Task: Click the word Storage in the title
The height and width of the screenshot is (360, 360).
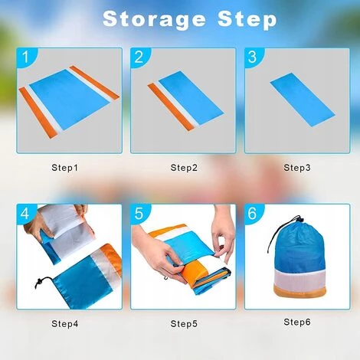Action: click(154, 20)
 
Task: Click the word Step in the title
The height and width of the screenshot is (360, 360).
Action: click(247, 20)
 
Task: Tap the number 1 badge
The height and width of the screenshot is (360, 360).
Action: click(25, 57)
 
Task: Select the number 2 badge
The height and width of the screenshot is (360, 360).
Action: click(139, 57)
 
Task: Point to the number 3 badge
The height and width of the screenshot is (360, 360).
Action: click(253, 57)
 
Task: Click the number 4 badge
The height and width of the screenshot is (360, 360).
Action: click(25, 213)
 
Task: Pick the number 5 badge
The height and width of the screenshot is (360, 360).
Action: click(139, 213)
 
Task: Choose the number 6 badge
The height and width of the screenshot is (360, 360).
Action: click(253, 213)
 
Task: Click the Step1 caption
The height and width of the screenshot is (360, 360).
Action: click(64, 168)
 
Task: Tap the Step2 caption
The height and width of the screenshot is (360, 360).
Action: click(184, 168)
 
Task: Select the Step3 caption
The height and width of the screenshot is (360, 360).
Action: click(297, 168)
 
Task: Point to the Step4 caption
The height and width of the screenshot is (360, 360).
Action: click(65, 324)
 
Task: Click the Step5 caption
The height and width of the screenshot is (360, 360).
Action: click(184, 324)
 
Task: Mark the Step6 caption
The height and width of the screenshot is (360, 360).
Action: click(297, 322)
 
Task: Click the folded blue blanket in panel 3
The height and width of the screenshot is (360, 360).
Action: click(303, 100)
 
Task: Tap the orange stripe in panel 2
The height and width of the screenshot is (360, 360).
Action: click(171, 106)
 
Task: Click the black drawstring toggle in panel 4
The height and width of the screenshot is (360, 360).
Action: click(39, 283)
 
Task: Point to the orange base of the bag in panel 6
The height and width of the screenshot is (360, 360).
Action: click(299, 291)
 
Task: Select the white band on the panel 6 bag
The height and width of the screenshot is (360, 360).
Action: click(300, 278)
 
